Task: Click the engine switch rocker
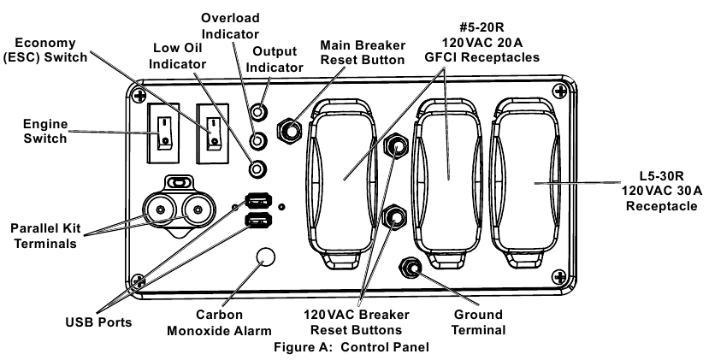tap(162, 132)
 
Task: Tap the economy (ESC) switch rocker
tap(212, 132)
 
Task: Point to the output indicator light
tap(257, 112)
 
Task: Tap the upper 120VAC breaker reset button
tap(396, 145)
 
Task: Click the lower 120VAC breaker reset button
tap(396, 217)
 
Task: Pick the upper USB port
tap(259, 201)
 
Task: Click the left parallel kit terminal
tap(158, 210)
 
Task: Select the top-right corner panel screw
tap(559, 90)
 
